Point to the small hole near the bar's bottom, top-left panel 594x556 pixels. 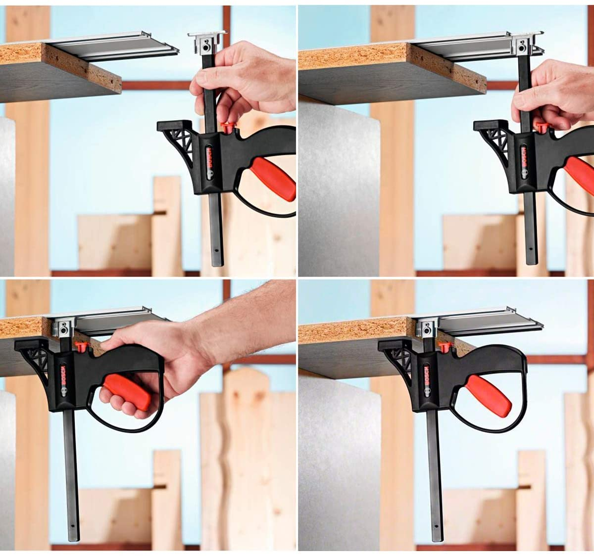pyautogui.click(x=216, y=249)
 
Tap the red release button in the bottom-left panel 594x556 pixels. pyautogui.click(x=81, y=346)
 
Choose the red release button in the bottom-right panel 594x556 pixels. pyautogui.click(x=445, y=347)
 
